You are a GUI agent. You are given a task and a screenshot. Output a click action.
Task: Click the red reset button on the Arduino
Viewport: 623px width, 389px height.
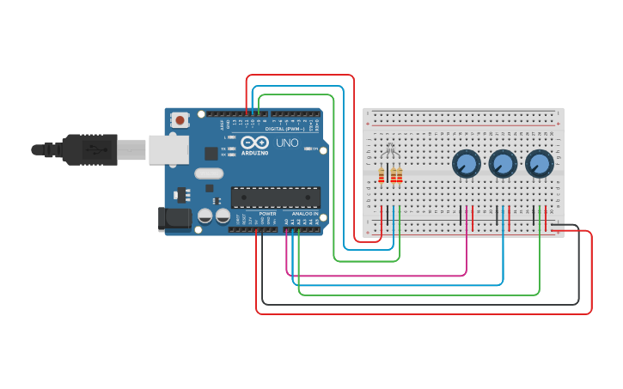(180, 120)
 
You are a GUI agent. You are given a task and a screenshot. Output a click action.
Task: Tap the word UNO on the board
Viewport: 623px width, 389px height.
(288, 143)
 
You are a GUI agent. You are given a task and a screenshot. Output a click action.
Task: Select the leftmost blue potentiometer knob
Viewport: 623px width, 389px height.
(466, 163)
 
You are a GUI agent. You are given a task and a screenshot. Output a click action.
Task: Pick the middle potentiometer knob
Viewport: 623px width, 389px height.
(503, 163)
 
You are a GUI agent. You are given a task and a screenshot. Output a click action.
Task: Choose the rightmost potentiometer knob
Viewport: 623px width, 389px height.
(540, 163)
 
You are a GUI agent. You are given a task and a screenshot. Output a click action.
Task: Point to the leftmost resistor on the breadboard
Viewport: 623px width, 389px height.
(382, 175)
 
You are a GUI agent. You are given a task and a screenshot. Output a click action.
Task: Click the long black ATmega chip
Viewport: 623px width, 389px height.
(275, 198)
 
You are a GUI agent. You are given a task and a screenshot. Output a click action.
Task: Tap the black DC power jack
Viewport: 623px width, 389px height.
(174, 218)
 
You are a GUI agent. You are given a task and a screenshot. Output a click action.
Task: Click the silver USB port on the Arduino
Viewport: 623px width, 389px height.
(168, 149)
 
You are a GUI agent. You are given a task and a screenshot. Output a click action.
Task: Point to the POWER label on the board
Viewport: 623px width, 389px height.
(267, 214)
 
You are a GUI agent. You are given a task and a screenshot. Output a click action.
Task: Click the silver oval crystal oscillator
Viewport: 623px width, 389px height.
(209, 173)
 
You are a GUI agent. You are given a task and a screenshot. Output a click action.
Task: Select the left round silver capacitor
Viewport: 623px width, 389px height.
(205, 216)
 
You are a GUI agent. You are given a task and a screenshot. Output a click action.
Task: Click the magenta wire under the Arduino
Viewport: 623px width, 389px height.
(378, 275)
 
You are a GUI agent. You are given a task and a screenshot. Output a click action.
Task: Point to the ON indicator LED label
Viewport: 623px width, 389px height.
(315, 149)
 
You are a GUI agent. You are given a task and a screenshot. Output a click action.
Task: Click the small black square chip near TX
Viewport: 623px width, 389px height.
(211, 153)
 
